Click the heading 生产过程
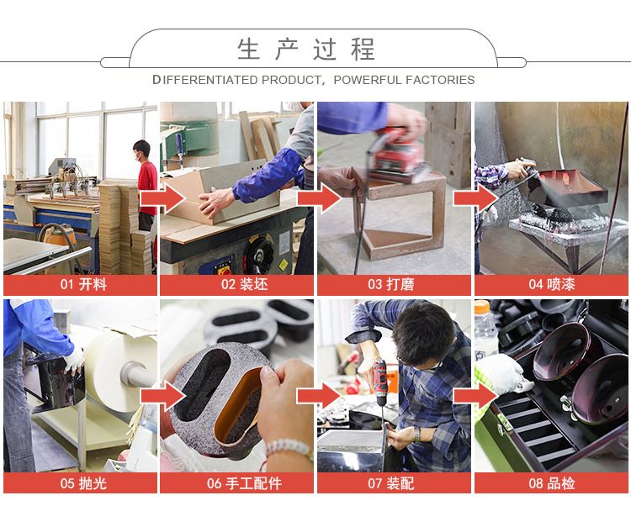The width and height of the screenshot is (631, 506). (x=306, y=50)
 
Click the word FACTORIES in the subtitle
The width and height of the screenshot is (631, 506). (x=440, y=80)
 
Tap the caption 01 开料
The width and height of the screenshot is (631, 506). (x=83, y=285)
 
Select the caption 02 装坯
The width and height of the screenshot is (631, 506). (x=244, y=285)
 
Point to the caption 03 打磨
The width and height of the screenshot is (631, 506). (x=391, y=285)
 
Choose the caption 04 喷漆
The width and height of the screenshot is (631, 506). (x=552, y=285)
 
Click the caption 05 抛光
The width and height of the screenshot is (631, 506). (x=83, y=482)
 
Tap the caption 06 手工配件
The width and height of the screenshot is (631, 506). (x=244, y=482)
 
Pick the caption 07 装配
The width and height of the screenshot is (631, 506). (x=391, y=482)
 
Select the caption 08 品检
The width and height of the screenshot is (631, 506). (x=552, y=482)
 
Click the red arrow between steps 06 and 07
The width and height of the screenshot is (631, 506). (x=320, y=396)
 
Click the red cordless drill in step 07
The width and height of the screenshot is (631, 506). (x=379, y=381)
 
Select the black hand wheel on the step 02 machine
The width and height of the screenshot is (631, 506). (x=258, y=255)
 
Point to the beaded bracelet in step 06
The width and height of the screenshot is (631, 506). (x=289, y=448)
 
